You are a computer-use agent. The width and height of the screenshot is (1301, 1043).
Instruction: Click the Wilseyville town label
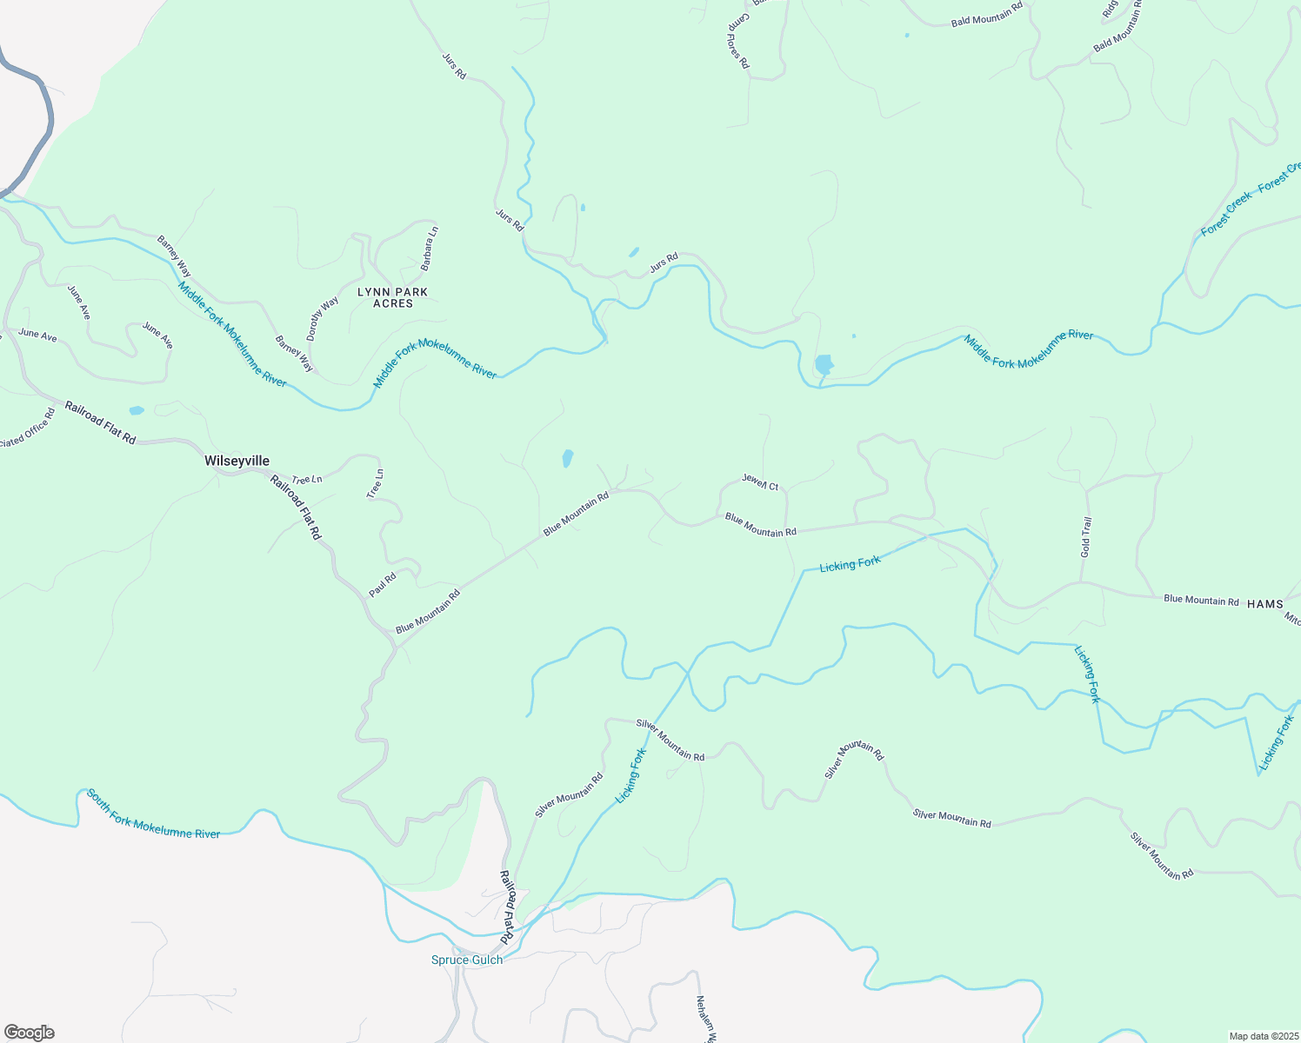(237, 461)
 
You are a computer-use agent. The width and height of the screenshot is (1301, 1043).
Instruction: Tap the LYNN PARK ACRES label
(393, 297)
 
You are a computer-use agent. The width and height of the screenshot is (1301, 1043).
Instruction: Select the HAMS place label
(1264, 604)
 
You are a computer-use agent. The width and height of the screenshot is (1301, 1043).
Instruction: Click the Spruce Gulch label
(467, 960)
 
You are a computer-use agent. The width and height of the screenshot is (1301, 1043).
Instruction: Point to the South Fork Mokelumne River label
(153, 814)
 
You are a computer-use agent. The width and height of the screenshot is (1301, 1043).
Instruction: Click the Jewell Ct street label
(760, 482)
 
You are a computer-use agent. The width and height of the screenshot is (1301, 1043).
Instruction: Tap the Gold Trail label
(1085, 537)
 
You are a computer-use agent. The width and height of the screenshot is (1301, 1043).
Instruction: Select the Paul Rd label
(383, 584)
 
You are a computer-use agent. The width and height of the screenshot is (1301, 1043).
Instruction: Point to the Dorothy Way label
(323, 319)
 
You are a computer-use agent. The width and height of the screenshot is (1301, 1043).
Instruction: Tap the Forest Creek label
(1226, 214)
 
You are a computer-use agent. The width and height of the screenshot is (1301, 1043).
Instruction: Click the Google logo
(29, 1033)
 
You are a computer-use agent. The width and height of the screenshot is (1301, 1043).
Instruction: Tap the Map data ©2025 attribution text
(1263, 1036)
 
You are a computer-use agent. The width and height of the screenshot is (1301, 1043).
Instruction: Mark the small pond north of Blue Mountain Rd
(567, 458)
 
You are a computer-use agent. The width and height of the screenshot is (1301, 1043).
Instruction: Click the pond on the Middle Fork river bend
(823, 363)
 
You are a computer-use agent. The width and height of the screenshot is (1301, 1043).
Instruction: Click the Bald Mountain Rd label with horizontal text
(987, 17)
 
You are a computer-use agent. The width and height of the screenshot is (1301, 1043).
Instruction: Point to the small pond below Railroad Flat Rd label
(136, 410)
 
